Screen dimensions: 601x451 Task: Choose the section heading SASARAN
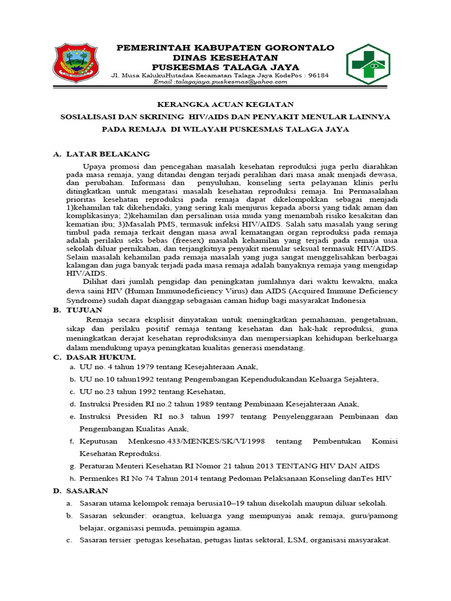pyautogui.click(x=87, y=491)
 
